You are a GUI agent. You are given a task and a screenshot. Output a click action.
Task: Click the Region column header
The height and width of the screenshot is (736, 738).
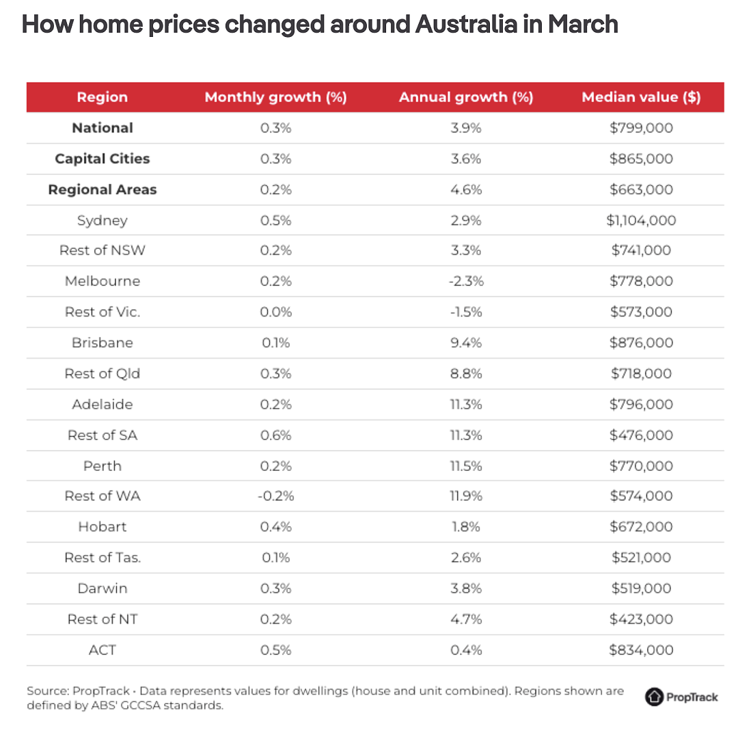(x=102, y=97)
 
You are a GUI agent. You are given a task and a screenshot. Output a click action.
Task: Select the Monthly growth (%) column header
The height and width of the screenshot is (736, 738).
(x=276, y=97)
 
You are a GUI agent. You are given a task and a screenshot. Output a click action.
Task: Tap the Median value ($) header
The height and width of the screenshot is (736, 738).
(x=641, y=97)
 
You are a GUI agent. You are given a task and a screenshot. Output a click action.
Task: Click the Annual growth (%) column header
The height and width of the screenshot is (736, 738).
(x=466, y=97)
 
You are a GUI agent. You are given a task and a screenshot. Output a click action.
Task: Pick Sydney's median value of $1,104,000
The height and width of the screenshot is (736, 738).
(x=641, y=220)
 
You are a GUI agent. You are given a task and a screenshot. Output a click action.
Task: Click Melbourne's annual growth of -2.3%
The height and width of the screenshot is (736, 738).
(x=466, y=281)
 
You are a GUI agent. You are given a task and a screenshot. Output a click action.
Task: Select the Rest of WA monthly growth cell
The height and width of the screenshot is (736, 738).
(x=276, y=496)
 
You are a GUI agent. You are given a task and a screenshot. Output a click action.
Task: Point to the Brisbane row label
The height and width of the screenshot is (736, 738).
(x=102, y=342)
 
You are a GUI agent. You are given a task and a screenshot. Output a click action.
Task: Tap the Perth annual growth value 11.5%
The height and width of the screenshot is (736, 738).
(x=466, y=466)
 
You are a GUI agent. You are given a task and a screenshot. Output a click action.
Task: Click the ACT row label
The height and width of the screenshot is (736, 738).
(x=102, y=650)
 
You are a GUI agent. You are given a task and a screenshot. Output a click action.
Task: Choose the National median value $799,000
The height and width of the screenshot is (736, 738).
(x=641, y=128)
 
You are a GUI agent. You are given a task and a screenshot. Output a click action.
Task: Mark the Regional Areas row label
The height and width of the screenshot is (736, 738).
(x=102, y=190)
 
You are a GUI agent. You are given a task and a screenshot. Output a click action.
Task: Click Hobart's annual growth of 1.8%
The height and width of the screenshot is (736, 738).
(x=466, y=527)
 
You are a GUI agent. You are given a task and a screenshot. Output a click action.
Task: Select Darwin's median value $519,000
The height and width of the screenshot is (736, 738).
(x=641, y=588)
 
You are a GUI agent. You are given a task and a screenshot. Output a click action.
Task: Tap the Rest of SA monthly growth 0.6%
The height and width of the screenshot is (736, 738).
(x=276, y=435)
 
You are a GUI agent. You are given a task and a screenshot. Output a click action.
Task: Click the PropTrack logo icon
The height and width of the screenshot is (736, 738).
(x=654, y=697)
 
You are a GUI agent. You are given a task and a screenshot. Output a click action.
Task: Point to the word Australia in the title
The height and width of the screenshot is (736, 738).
(x=466, y=25)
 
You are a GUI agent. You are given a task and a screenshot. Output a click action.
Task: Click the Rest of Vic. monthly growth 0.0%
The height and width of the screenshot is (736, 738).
(x=276, y=312)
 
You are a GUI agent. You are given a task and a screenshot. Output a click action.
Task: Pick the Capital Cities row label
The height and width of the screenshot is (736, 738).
(x=102, y=159)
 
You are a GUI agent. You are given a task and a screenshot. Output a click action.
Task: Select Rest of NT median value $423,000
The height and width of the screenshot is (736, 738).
(x=641, y=619)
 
